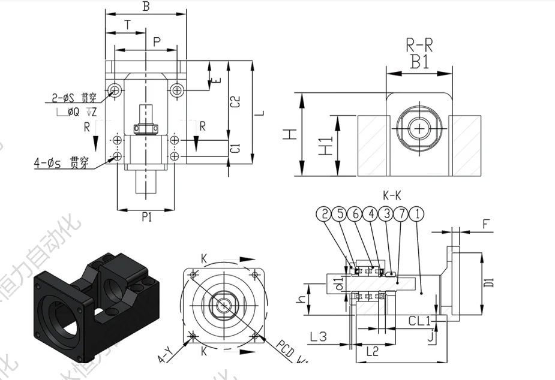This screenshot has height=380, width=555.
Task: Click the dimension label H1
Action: coord(326,146)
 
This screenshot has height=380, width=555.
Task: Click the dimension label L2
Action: coord(372,352)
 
